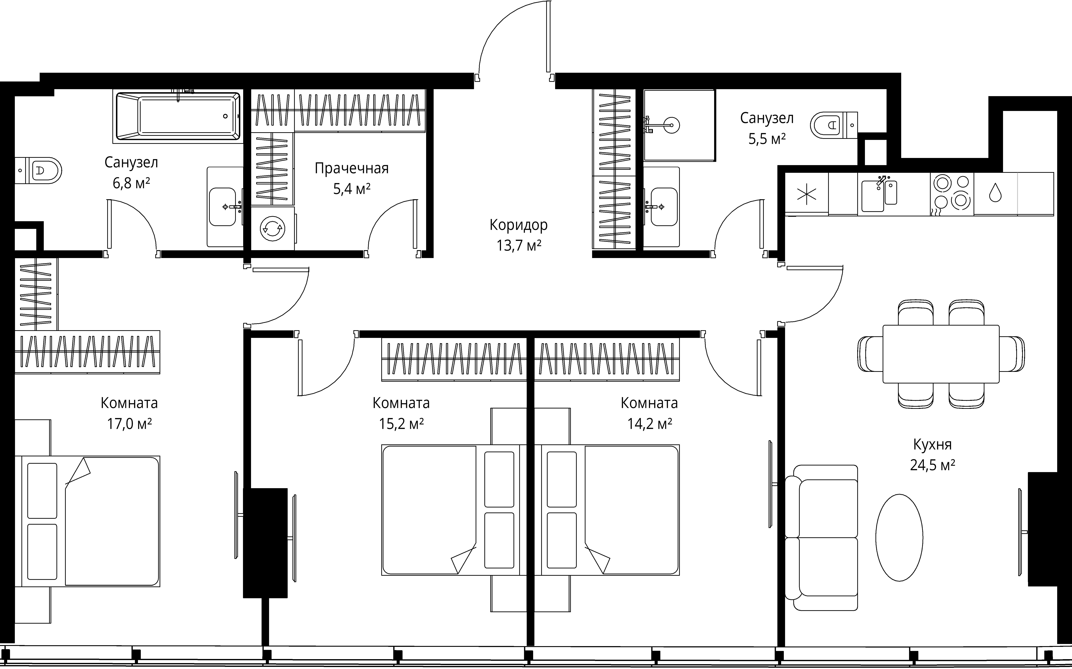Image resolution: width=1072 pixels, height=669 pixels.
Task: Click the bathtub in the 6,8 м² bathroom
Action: click(x=178, y=116)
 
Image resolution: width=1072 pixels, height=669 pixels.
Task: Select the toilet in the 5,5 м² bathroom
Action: click(x=834, y=125)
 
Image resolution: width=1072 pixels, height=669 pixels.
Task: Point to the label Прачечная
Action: click(x=352, y=169)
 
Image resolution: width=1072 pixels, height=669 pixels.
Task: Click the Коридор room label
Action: click(x=518, y=225)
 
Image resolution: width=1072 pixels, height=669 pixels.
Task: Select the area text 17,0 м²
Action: click(x=129, y=424)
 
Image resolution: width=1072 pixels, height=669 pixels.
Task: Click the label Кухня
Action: click(x=932, y=444)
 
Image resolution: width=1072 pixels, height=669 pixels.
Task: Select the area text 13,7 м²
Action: click(x=518, y=246)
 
